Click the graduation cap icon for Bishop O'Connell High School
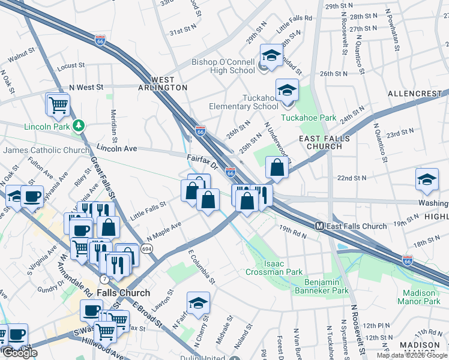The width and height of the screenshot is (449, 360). pyautogui.click(x=271, y=56)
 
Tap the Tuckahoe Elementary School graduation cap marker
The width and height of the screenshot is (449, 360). pyautogui.click(x=287, y=91)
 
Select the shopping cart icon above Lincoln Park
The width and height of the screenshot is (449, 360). pyautogui.click(x=59, y=105)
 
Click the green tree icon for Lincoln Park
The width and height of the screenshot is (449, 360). pyautogui.click(x=78, y=125)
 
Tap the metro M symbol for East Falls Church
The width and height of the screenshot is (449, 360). pyautogui.click(x=319, y=226)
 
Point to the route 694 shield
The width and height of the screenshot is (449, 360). pyautogui.click(x=146, y=248)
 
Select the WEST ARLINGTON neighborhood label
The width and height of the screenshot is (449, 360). pyautogui.click(x=162, y=83)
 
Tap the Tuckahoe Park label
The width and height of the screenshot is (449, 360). pyautogui.click(x=309, y=118)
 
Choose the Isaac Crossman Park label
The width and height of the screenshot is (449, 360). pyautogui.click(x=274, y=268)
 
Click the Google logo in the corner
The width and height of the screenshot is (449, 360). pyautogui.click(x=20, y=353)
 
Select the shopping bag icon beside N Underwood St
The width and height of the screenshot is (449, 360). pyautogui.click(x=276, y=168)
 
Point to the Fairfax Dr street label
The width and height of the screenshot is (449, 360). pyautogui.click(x=200, y=160)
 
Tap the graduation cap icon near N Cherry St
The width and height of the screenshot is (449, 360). pyautogui.click(x=197, y=304)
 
